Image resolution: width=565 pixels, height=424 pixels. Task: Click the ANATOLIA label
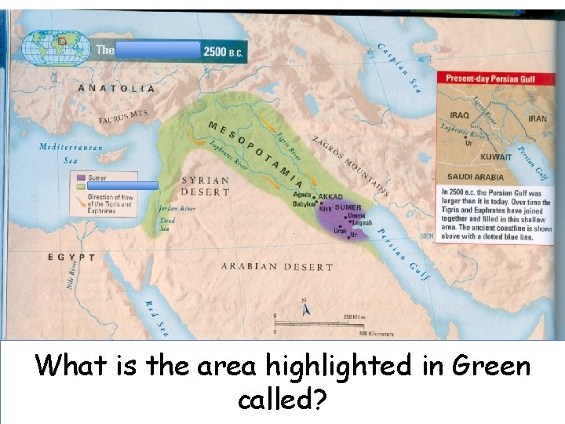[116, 88]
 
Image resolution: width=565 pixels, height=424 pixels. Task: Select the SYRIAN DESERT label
[206, 186]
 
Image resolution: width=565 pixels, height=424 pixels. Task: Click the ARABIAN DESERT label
[276, 267]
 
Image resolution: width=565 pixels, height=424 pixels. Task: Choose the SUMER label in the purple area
[348, 207]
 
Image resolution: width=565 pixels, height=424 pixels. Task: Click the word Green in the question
[490, 366]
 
